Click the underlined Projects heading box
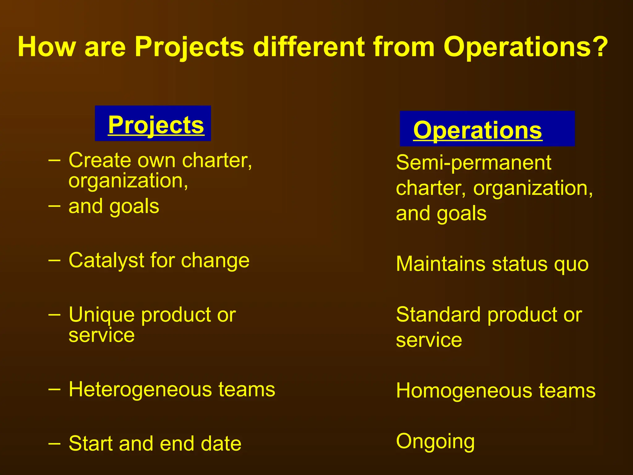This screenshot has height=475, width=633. (153, 124)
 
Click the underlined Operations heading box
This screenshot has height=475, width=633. (487, 129)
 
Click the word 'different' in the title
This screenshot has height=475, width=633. (309, 47)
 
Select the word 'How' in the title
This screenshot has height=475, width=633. (46, 47)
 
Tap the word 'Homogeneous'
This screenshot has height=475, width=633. (464, 391)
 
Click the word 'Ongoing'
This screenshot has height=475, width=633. (435, 442)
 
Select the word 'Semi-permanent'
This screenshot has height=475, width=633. (473, 163)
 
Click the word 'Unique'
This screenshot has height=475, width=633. (102, 315)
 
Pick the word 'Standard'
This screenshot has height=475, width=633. (438, 315)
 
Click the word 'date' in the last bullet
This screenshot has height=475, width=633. (221, 444)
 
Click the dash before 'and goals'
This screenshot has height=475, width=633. (54, 205)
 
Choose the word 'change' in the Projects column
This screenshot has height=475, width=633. (215, 261)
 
